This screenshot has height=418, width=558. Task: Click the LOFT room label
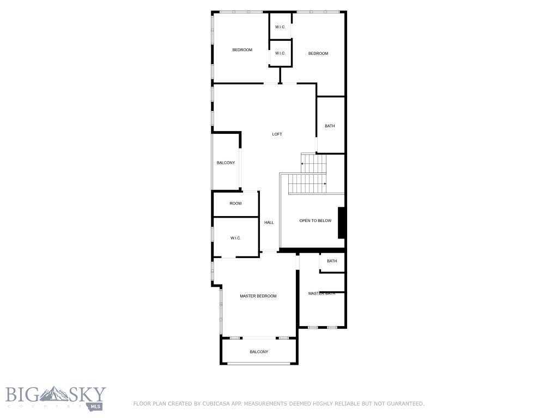pos(277,134)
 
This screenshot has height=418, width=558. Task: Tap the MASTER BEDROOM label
pos(258,296)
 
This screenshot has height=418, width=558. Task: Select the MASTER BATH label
pos(321,293)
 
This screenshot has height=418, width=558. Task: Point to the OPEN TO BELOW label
pos(315,220)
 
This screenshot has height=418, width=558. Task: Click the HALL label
pos(269,223)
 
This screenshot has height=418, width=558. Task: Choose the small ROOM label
pos(235,204)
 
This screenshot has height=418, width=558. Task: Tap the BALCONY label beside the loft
pos(226,163)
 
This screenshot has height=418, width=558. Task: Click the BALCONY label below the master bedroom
pos(259,352)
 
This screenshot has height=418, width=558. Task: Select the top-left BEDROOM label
pos(242,50)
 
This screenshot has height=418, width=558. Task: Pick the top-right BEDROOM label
pos(318,53)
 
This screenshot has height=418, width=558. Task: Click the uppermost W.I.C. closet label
pos(281,27)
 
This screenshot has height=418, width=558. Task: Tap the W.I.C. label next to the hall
pos(235,238)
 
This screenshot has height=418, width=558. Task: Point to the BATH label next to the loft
pos(330,126)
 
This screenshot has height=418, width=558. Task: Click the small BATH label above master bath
pos(332,261)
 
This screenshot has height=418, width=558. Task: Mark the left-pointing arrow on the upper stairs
pos(303,163)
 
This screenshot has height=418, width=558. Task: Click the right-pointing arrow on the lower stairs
pos(325,184)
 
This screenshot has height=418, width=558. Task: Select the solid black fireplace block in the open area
pos(342,223)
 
